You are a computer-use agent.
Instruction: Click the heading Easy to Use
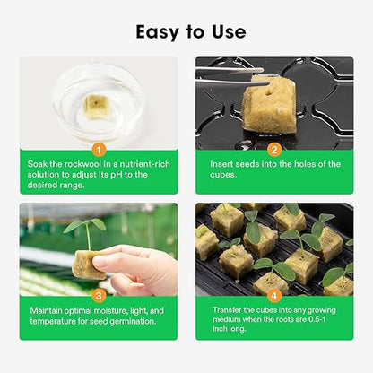click(190, 31)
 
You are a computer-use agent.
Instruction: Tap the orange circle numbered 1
click(99, 149)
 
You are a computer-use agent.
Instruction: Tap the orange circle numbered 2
click(274, 149)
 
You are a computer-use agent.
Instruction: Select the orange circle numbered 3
click(99, 294)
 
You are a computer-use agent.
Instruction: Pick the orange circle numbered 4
click(274, 294)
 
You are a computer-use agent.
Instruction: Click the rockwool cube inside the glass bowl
click(93, 106)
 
